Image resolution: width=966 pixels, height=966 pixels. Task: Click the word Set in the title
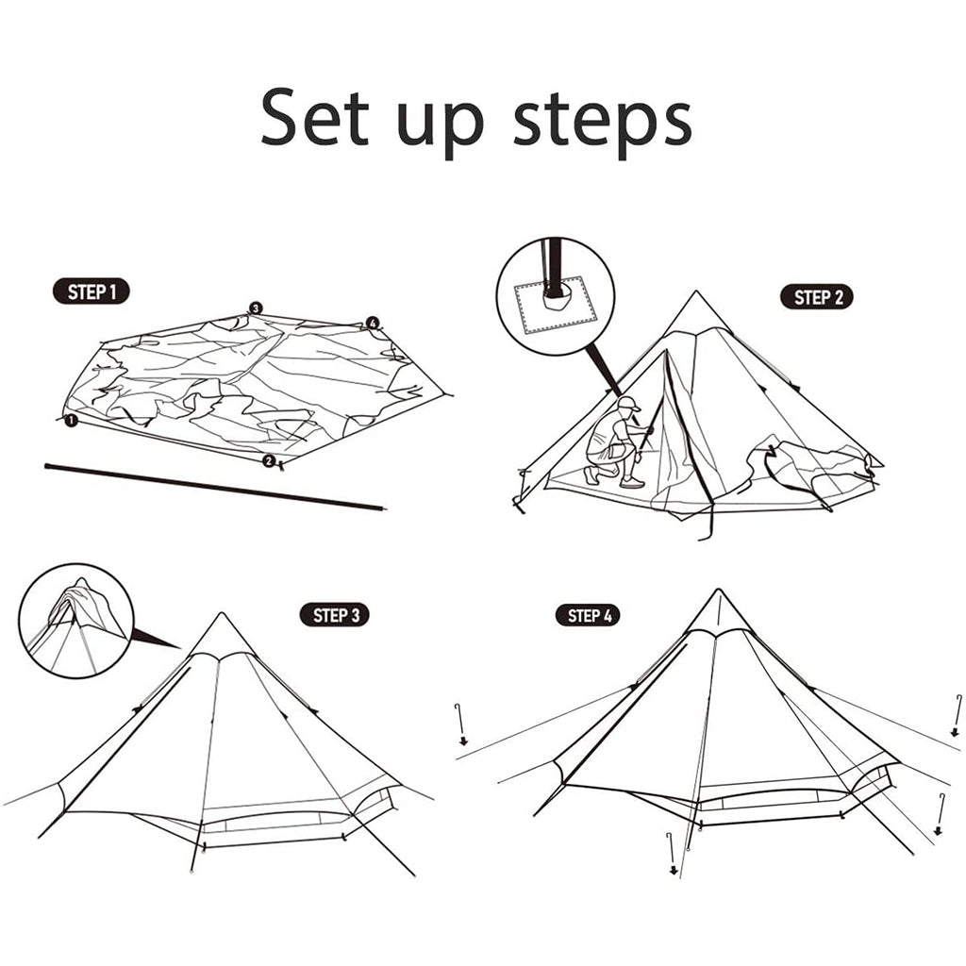click(314, 118)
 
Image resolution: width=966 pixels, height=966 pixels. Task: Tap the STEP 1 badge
click(92, 291)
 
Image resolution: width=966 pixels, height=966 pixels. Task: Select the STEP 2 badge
click(817, 297)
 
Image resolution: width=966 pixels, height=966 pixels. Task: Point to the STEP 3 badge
click(335, 615)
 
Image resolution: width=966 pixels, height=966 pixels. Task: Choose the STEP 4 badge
click(589, 615)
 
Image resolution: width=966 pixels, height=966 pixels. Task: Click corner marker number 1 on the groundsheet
click(72, 420)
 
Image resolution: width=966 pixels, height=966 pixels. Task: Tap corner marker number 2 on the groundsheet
click(269, 460)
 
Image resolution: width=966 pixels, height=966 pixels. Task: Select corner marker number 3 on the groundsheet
click(256, 308)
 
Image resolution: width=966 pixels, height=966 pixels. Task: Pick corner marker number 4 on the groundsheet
click(372, 323)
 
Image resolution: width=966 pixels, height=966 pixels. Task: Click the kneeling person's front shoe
click(632, 482)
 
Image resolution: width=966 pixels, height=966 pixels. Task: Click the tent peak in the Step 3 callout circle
click(81, 581)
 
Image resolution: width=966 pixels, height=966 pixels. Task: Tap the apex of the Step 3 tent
click(221, 613)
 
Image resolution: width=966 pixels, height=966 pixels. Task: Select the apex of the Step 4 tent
click(718, 590)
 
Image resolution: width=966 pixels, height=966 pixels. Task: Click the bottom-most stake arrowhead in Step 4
click(674, 871)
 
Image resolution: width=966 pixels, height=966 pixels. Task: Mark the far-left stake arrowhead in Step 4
click(463, 741)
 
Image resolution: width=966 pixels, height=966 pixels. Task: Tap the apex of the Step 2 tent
click(696, 291)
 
